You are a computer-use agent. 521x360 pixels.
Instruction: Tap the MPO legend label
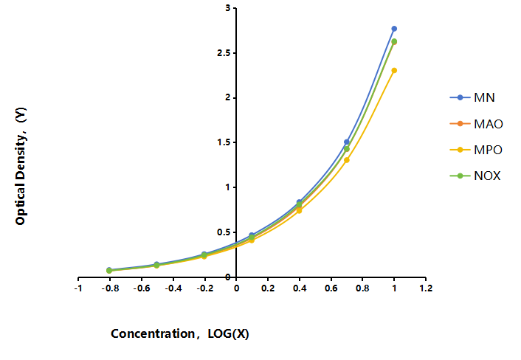(x=488, y=150)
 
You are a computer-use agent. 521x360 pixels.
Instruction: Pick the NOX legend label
(x=487, y=176)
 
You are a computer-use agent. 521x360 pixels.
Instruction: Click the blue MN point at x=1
(x=394, y=29)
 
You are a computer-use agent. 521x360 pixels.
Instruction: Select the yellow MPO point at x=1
(x=394, y=70)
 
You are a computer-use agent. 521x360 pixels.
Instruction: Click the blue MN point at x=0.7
(x=347, y=142)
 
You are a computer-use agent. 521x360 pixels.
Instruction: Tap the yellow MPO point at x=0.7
(x=347, y=160)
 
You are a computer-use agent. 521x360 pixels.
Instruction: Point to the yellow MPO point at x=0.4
(x=299, y=210)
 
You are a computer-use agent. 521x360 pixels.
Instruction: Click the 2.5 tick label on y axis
(x=224, y=53)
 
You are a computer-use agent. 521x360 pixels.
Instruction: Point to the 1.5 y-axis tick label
(x=224, y=142)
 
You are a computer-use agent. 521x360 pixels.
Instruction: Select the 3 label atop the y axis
(x=227, y=8)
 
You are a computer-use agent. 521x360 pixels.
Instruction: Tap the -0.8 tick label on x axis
(x=110, y=288)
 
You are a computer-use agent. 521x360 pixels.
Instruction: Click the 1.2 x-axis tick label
(x=426, y=288)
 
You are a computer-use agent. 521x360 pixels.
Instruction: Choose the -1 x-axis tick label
(x=78, y=288)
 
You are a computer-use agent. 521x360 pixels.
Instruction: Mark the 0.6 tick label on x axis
(x=331, y=288)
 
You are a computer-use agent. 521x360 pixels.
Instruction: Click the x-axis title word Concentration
(x=153, y=333)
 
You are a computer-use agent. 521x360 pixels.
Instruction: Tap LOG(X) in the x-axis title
(x=228, y=333)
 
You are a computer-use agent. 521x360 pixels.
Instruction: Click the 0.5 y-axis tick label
(x=224, y=232)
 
